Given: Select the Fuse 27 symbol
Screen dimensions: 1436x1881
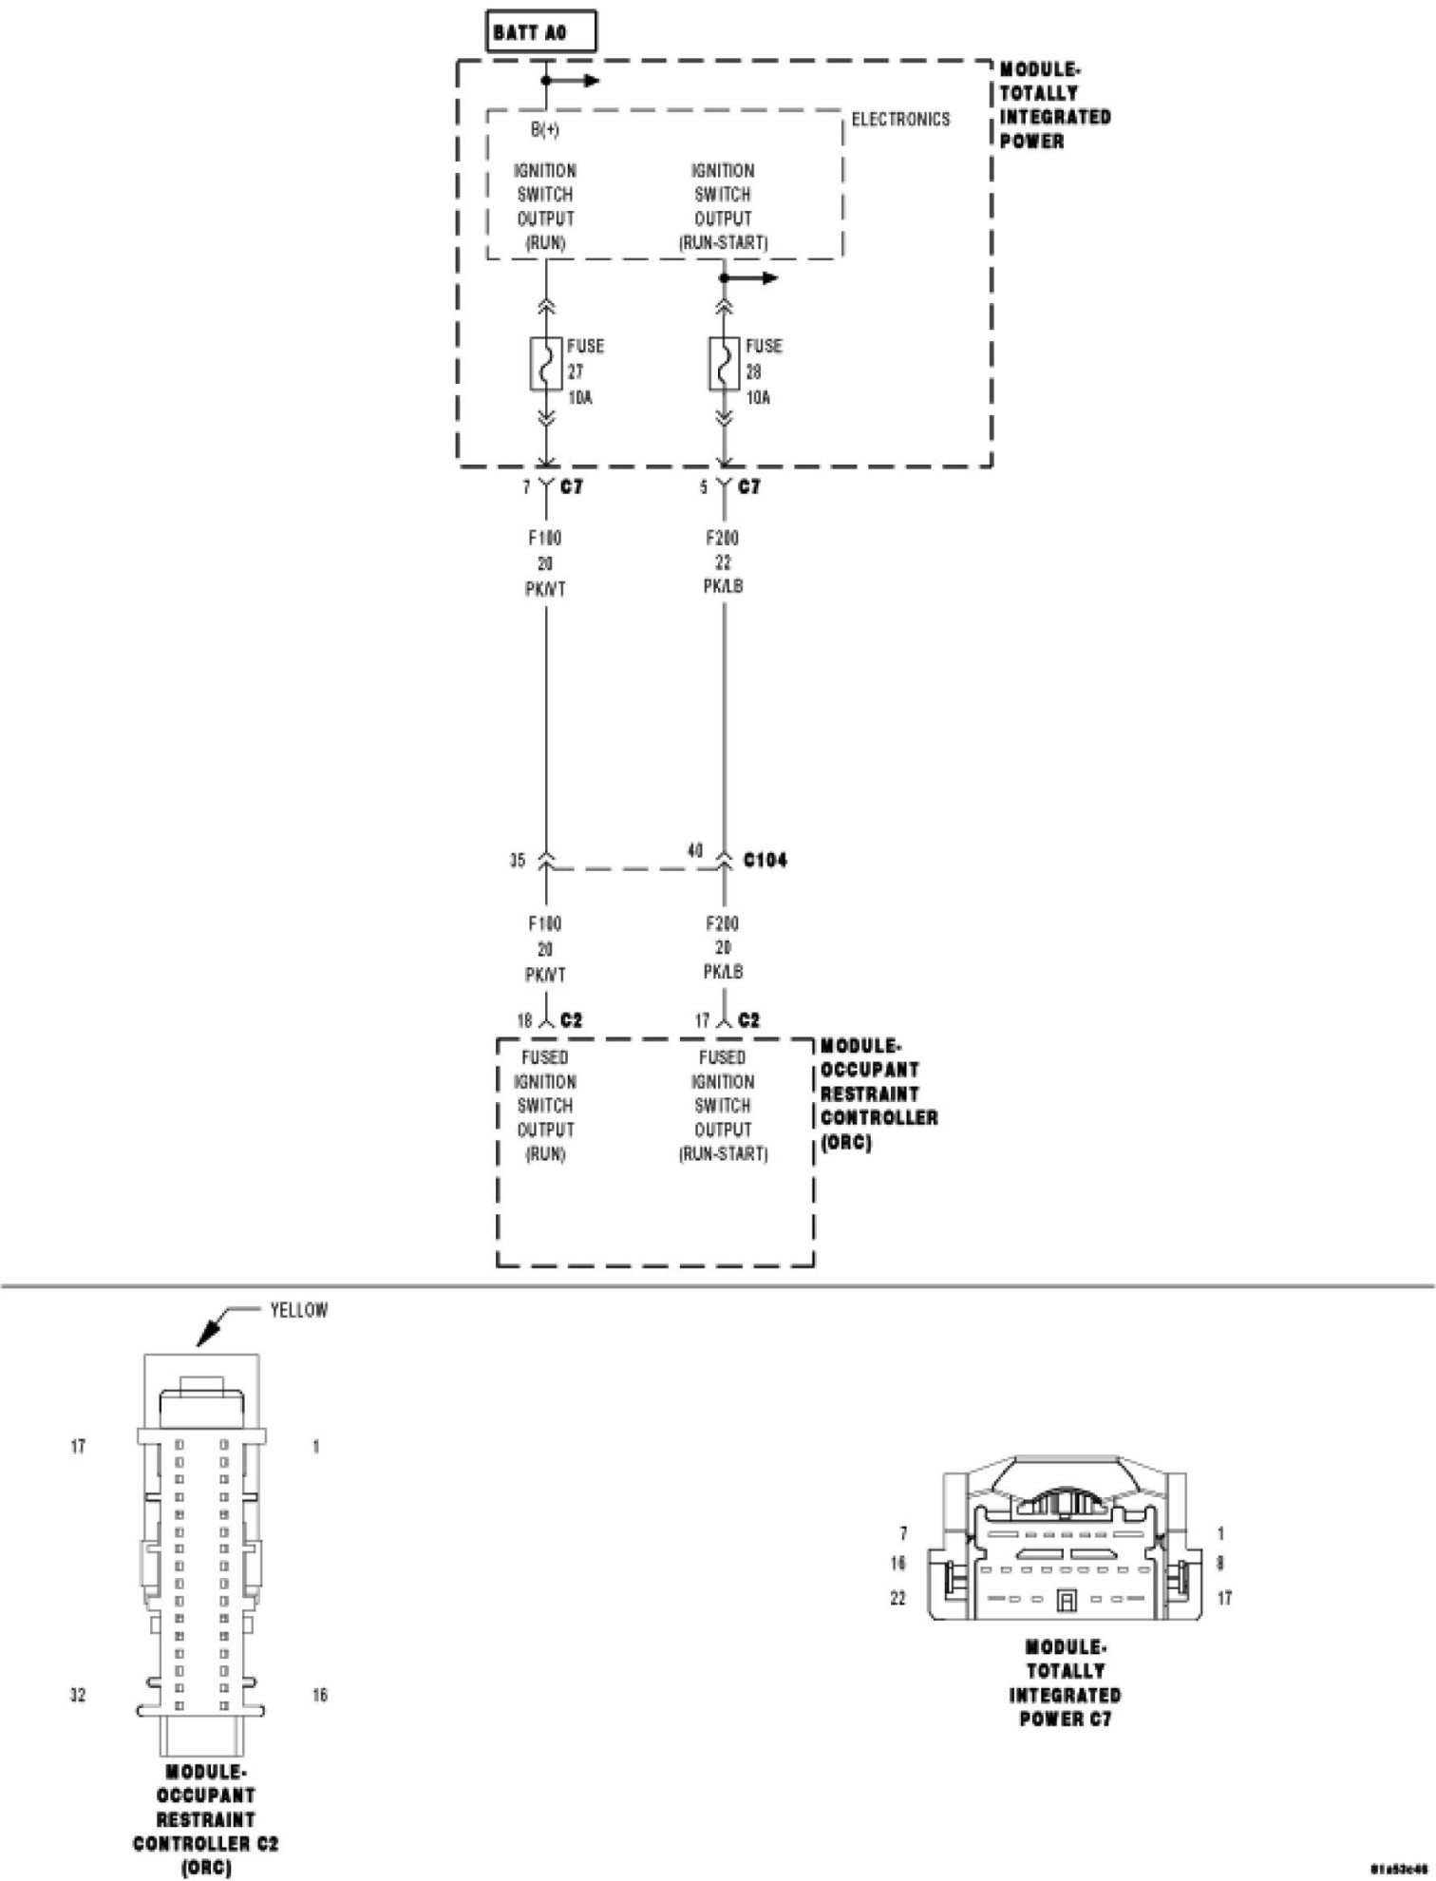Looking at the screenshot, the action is click(546, 364).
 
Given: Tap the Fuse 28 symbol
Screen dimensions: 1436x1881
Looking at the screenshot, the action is click(724, 364).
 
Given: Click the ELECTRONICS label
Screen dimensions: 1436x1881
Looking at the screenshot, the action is click(900, 120).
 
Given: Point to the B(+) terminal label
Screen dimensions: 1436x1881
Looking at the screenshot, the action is click(544, 130).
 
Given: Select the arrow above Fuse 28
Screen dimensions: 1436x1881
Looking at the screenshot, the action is click(757, 278).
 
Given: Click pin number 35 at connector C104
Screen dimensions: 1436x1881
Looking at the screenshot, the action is click(517, 862).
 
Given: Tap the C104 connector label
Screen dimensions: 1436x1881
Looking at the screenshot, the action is click(765, 861).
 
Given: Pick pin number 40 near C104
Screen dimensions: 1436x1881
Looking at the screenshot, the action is click(695, 850).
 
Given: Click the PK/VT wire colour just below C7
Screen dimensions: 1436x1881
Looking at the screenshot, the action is click(545, 589).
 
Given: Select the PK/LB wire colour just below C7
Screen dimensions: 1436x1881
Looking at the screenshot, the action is click(724, 586).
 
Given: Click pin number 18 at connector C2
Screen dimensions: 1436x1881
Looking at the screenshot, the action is click(524, 1021).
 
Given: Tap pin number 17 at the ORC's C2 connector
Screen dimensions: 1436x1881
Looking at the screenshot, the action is click(702, 1021).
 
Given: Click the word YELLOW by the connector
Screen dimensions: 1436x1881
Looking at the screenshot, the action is click(298, 1311).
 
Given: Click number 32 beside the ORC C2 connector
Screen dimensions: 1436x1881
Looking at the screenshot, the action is click(78, 1695).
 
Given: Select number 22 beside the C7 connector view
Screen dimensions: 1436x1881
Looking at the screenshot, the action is click(897, 1599).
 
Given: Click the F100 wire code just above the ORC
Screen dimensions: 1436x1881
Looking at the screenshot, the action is click(545, 923).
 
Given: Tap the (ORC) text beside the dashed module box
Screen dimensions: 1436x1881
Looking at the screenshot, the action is click(845, 1143).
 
